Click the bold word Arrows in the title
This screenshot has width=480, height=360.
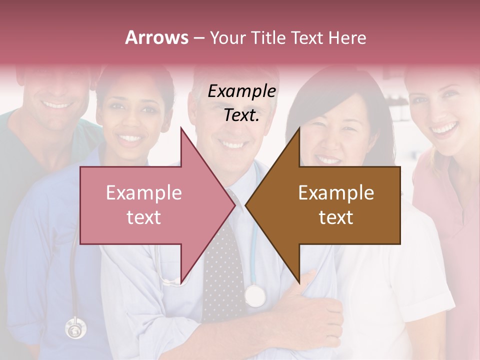[156, 37]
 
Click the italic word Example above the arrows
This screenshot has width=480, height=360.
[242, 91]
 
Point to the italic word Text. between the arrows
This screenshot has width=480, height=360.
[242, 115]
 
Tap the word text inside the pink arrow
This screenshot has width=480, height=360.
[143, 217]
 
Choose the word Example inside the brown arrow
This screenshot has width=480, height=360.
[336, 193]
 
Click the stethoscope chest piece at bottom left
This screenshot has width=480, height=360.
[75, 328]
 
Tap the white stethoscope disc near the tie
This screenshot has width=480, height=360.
[255, 295]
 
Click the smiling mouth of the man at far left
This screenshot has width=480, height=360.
[56, 105]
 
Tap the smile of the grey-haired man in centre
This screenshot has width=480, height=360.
[232, 145]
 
